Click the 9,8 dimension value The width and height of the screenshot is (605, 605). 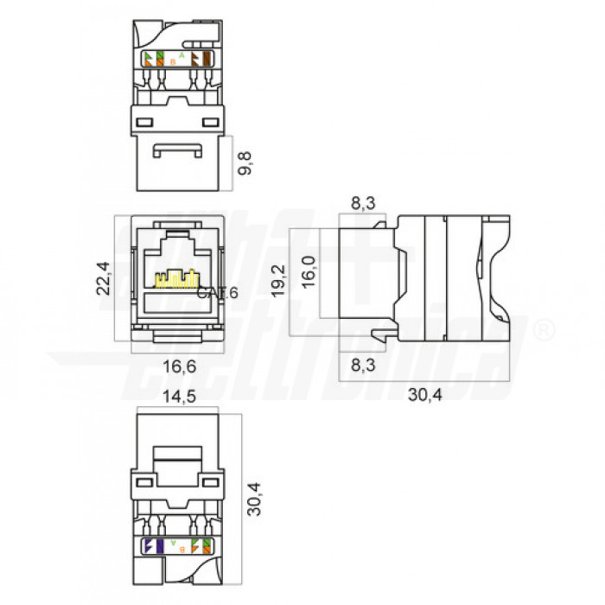[246, 162]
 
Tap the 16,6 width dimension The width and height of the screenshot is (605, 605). [179, 366]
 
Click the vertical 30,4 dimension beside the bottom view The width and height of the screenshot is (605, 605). [255, 499]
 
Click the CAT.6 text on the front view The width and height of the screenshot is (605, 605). [217, 293]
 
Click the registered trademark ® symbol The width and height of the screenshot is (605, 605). [544, 330]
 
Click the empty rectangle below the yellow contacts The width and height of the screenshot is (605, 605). [178, 303]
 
